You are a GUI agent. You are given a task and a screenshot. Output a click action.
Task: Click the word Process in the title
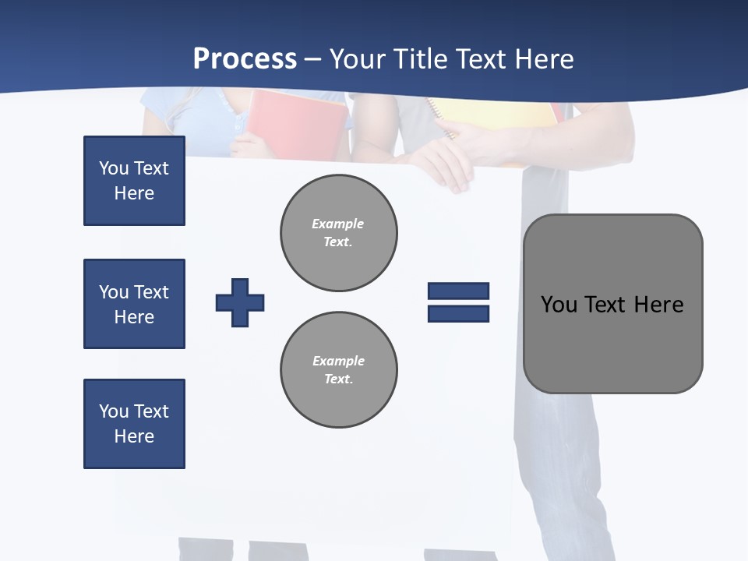coord(245,58)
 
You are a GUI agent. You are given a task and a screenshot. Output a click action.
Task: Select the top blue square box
coord(134,181)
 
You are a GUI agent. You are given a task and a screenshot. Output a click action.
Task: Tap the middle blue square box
coord(134,304)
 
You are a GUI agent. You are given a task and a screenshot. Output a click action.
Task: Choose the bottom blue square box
coord(134,424)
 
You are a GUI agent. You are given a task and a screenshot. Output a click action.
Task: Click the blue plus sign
coord(240,302)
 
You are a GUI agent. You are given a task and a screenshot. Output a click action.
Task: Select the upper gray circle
coord(338,233)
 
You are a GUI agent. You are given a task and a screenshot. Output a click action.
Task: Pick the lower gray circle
coord(338,370)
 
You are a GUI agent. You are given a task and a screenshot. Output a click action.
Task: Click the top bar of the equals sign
coord(458,291)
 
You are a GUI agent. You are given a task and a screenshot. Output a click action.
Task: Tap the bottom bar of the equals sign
coord(458,313)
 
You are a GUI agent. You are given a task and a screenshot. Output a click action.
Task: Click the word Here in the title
coord(545,58)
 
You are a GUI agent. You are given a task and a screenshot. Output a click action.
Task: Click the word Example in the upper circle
coord(338,224)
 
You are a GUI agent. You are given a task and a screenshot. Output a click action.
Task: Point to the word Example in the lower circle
coord(338,361)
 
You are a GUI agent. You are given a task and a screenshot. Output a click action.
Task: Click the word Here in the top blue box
coord(134,193)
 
